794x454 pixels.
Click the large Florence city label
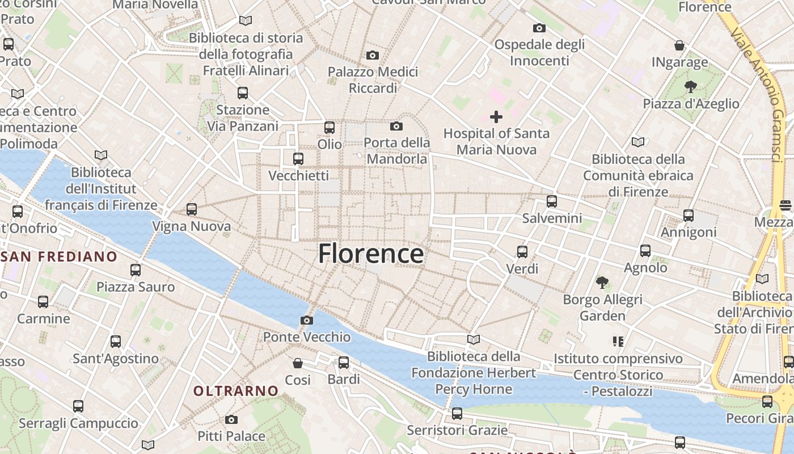pyautogui.click(x=370, y=254)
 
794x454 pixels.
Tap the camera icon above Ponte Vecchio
pyautogui.click(x=306, y=321)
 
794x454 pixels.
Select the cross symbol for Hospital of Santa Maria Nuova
pyautogui.click(x=496, y=117)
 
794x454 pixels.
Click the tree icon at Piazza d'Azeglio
pyautogui.click(x=690, y=87)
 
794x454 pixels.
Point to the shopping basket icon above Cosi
pyautogui.click(x=298, y=363)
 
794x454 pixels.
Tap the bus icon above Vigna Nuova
pyautogui.click(x=192, y=209)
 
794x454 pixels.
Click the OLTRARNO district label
pyautogui.click(x=236, y=391)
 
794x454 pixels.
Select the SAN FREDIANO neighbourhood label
pyautogui.click(x=59, y=257)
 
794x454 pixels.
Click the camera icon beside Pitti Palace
pyautogui.click(x=231, y=420)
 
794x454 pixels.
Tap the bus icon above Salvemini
pyautogui.click(x=552, y=201)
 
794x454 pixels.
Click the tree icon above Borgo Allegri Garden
pyautogui.click(x=602, y=282)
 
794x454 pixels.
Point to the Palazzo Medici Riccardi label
pyautogui.click(x=373, y=80)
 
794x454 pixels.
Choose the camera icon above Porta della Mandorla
pyautogui.click(x=396, y=126)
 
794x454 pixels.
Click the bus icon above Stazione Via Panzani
pyautogui.click(x=243, y=93)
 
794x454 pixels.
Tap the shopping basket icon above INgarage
pyautogui.click(x=679, y=45)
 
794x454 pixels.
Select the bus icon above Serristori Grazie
pyautogui.click(x=457, y=414)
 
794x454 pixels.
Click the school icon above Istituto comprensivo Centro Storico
pyautogui.click(x=618, y=341)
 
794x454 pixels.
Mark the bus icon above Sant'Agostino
pyautogui.click(x=116, y=342)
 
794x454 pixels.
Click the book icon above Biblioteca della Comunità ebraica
pyautogui.click(x=638, y=142)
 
